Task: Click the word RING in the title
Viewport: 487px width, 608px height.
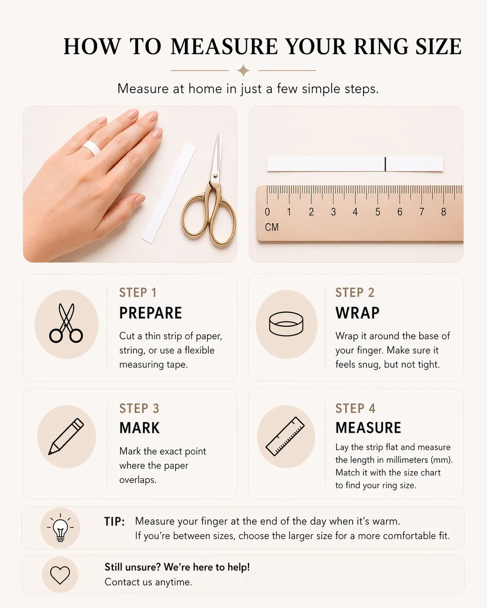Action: tap(381, 46)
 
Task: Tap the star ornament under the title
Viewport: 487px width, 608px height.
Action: tap(243, 70)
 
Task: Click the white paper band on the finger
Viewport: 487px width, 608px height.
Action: tap(91, 147)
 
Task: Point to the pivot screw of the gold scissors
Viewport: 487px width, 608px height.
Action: tap(215, 176)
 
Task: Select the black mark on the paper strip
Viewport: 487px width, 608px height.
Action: tap(385, 164)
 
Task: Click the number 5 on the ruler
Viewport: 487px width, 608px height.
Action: tap(378, 212)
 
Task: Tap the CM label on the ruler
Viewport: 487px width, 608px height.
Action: tap(272, 227)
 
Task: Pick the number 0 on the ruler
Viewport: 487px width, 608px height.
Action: tap(267, 212)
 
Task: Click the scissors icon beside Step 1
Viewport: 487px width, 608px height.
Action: tap(66, 323)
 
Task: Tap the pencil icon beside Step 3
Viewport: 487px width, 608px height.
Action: tap(66, 437)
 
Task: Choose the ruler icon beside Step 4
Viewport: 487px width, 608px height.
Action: tap(285, 437)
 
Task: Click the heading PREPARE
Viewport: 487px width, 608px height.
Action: tap(151, 313)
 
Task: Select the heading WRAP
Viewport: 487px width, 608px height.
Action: tap(358, 313)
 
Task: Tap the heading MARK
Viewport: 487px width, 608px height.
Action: tap(139, 428)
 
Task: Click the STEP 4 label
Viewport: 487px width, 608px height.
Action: tap(355, 409)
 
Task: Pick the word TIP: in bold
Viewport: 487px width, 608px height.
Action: tap(114, 522)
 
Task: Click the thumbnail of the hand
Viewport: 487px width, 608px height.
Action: tap(130, 184)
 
